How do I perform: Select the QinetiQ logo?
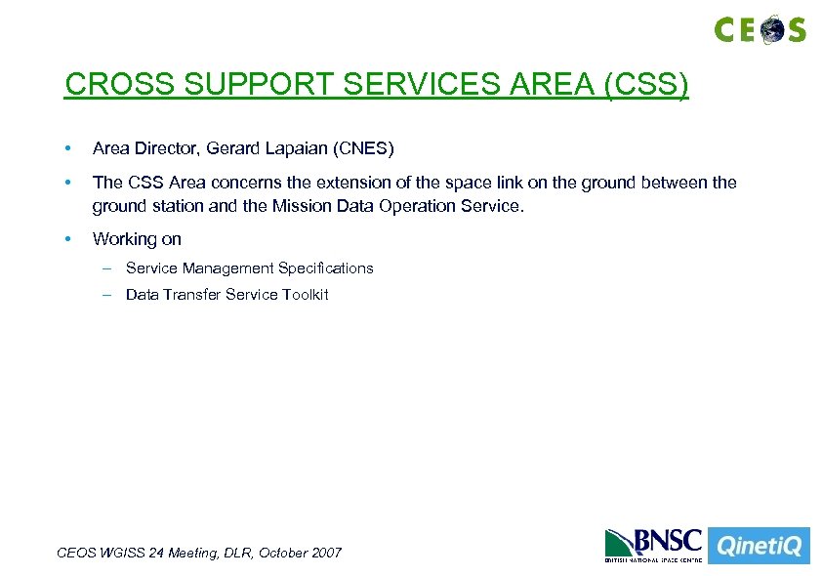pos(758,546)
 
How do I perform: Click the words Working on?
pos(137,239)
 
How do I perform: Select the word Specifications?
pos(325,268)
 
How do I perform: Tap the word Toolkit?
pos(306,295)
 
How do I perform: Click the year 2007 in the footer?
pos(325,553)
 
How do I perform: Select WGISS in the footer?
pos(122,553)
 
